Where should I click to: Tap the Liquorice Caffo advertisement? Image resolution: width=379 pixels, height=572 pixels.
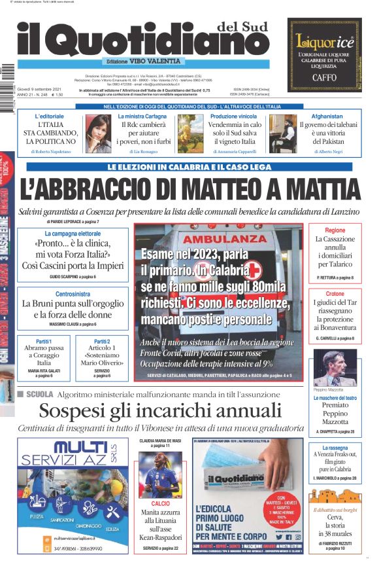tap(325, 54)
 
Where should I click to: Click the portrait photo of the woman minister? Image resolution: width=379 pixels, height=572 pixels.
tap(97, 134)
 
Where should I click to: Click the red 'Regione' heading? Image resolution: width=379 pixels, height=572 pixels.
tap(335, 230)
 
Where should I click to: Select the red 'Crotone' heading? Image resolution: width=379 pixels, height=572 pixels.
tap(335, 294)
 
